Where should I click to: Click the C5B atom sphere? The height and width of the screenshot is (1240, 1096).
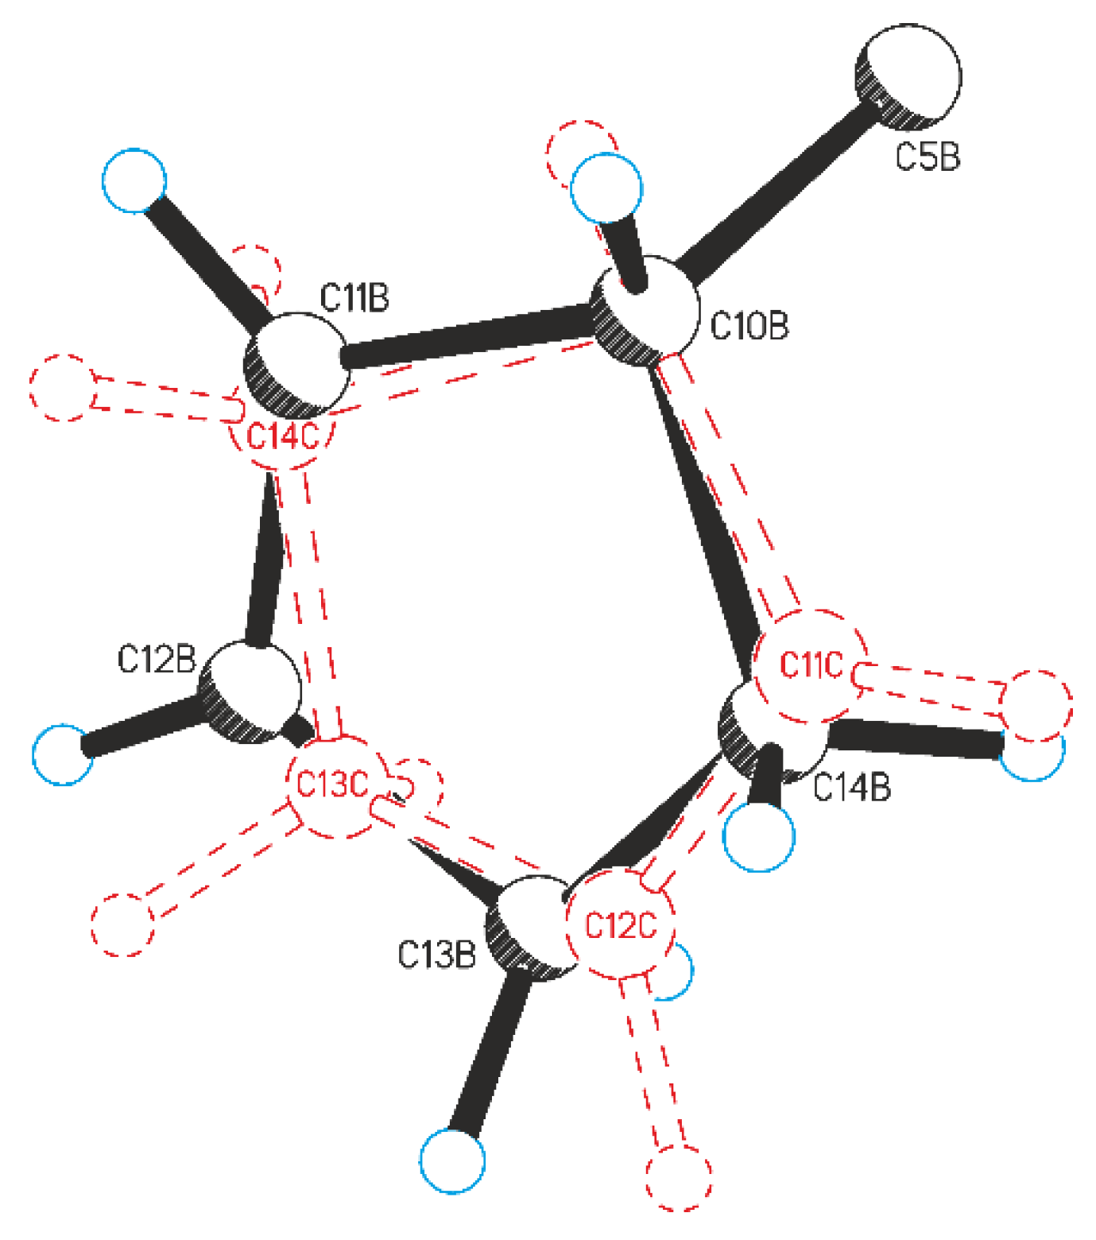[x=908, y=76]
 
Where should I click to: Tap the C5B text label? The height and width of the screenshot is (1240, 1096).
[x=928, y=157]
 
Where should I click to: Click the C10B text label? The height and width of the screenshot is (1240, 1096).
[x=749, y=326]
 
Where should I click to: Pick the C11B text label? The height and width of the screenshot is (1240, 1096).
[x=354, y=298]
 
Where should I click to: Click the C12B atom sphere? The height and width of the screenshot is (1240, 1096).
[x=251, y=692]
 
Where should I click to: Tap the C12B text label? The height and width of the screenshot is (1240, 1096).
[x=157, y=659]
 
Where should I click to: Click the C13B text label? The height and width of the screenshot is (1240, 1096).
[x=436, y=955]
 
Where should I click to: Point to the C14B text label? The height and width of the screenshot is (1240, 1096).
[x=853, y=788]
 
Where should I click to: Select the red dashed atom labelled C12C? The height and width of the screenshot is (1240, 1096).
[x=621, y=925]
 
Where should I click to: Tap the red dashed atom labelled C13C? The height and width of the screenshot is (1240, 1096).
[x=334, y=785]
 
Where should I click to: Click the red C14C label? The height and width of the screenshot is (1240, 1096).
[x=283, y=436]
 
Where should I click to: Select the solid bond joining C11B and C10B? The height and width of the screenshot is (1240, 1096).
[x=469, y=338]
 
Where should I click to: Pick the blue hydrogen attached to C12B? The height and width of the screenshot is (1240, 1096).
[x=62, y=754]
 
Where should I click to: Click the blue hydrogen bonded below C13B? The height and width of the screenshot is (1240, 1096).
[x=452, y=1160]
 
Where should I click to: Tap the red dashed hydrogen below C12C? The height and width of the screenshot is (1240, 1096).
[x=678, y=1177]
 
